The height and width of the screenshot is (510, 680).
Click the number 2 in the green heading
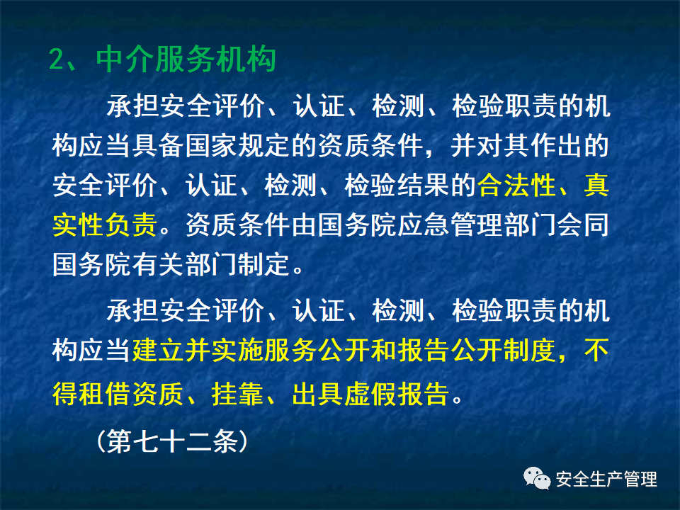57,59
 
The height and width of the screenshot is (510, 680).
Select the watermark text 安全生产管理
606,480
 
